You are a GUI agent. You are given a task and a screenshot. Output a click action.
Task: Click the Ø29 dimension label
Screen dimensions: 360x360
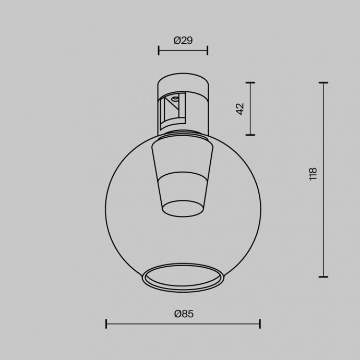[183, 40]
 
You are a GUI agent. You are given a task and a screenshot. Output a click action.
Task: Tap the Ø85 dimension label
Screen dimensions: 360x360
[183, 314]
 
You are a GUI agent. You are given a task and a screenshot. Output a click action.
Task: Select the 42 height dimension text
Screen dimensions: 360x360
[240, 109]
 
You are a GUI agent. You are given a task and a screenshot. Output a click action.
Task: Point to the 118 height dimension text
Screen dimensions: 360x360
[313, 174]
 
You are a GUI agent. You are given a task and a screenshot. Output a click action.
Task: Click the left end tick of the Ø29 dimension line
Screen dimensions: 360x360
[159, 50]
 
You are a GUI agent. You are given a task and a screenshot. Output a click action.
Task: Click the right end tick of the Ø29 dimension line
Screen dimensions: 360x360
[208, 50]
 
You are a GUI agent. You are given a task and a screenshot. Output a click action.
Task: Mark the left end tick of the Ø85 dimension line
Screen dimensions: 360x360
[106, 324]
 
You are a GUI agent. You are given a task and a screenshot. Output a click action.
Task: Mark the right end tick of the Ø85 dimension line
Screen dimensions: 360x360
[260, 324]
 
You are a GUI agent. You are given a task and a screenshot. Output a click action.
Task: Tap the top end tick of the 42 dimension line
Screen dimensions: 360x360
[250, 83]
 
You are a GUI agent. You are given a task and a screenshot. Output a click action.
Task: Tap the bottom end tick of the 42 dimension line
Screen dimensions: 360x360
[250, 135]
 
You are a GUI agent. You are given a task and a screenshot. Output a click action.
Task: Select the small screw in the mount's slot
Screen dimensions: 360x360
[176, 98]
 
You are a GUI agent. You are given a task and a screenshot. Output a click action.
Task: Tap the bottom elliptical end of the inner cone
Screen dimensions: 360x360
[183, 209]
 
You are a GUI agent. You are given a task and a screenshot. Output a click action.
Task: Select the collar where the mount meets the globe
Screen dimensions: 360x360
[183, 137]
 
